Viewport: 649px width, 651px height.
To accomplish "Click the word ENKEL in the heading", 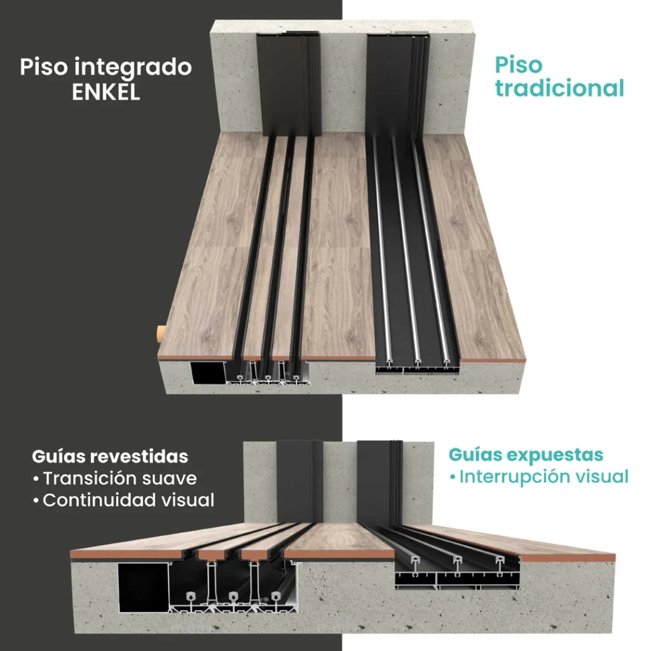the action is (x=106, y=92).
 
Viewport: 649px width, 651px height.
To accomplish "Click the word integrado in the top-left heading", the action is (x=133, y=67).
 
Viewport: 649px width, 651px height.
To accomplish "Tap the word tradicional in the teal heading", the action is (x=559, y=88).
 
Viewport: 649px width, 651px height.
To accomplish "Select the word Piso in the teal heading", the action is (x=519, y=65).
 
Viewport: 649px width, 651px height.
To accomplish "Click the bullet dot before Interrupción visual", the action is (x=453, y=477).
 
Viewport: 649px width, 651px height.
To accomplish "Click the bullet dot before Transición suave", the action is (x=36, y=479).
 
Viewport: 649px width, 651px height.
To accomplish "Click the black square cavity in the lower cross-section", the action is (x=143, y=587).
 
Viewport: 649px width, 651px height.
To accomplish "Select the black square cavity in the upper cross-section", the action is (x=208, y=373).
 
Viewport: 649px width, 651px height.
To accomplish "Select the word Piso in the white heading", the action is (x=44, y=67).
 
